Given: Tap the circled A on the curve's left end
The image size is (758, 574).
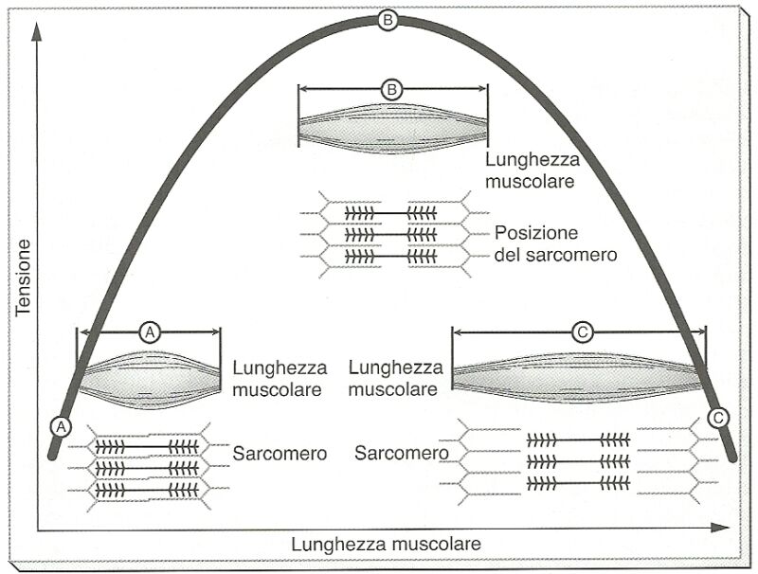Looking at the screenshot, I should [63, 426].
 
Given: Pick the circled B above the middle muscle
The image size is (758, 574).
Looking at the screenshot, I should [392, 89].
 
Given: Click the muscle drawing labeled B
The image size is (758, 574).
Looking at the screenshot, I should [392, 127].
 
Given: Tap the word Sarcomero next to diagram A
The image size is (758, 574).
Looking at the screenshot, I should [280, 454].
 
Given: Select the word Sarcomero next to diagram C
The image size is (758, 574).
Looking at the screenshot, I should [401, 454].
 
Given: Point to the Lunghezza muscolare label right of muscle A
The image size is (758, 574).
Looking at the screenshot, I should [279, 378].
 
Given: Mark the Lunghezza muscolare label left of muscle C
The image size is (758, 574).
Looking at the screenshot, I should [393, 378].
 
